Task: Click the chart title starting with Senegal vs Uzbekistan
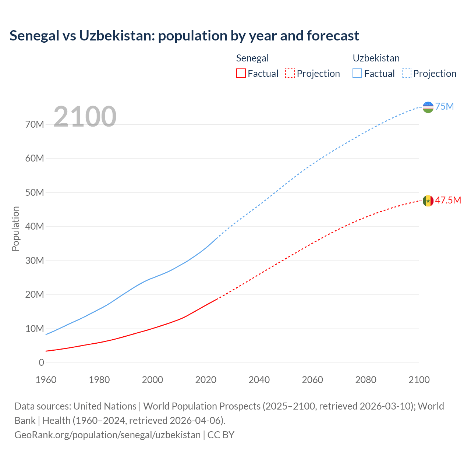click(x=184, y=36)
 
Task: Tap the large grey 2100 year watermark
click(x=85, y=117)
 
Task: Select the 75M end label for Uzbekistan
click(x=445, y=106)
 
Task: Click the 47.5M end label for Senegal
click(x=448, y=200)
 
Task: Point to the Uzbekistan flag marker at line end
click(x=428, y=107)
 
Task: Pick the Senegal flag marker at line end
click(x=428, y=201)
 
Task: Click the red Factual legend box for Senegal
click(x=241, y=73)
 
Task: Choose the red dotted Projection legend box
click(x=290, y=73)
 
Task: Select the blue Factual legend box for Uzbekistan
click(x=357, y=73)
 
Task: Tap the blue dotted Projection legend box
click(x=407, y=73)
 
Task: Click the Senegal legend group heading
click(x=252, y=58)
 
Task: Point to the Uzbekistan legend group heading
click(x=376, y=58)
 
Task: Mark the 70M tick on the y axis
click(x=35, y=124)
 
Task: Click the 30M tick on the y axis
click(x=35, y=261)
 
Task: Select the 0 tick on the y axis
click(x=41, y=362)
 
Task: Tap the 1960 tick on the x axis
click(x=46, y=380)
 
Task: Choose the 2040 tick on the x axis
click(x=259, y=380)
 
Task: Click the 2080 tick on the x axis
click(x=366, y=380)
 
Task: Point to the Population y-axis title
click(x=15, y=229)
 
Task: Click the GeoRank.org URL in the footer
click(x=107, y=435)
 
